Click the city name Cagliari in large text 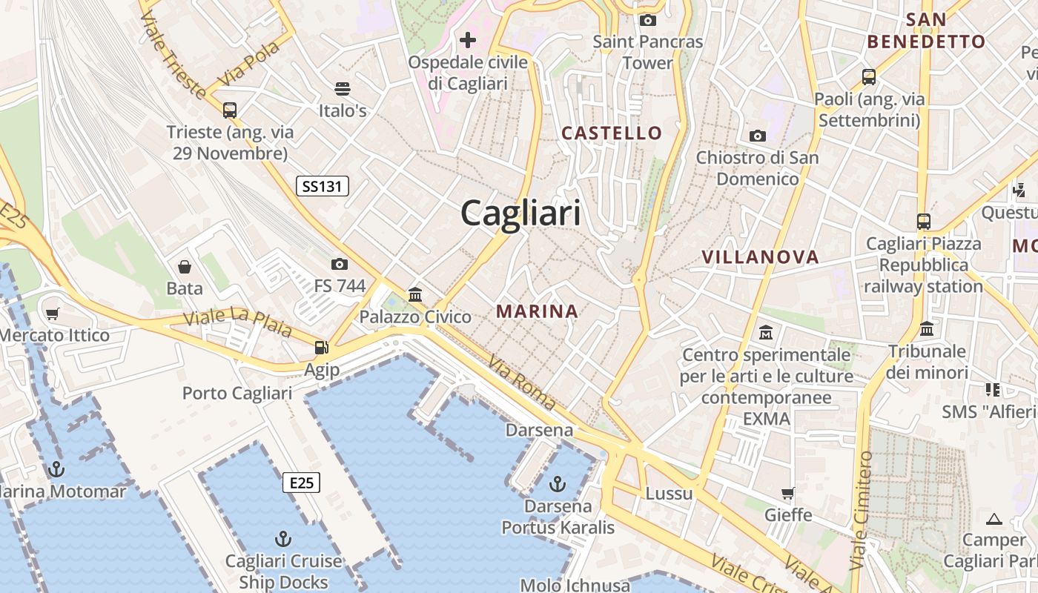[x=520, y=213]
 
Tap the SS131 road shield [x=323, y=186]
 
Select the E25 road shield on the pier [x=301, y=483]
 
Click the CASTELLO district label [x=612, y=133]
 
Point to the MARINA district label [x=537, y=311]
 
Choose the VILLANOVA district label [x=760, y=257]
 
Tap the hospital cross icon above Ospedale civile [x=468, y=39]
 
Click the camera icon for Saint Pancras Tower [x=648, y=20]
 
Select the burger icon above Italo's [x=342, y=89]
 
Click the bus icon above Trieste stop [x=230, y=110]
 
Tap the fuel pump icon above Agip [x=321, y=347]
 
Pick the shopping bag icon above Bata [x=184, y=267]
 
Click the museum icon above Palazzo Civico [x=415, y=295]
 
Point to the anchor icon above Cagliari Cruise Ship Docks [x=282, y=539]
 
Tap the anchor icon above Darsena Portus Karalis [x=558, y=485]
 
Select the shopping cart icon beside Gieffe [x=788, y=493]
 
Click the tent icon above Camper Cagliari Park [x=994, y=519]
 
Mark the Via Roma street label [x=522, y=382]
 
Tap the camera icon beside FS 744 [x=340, y=264]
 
